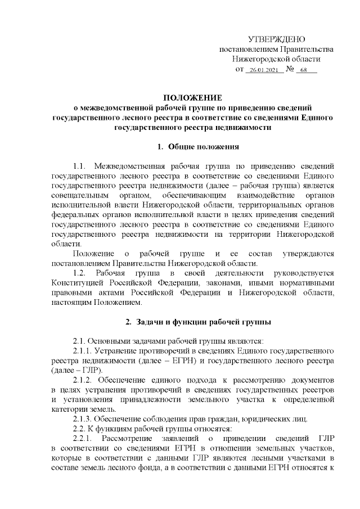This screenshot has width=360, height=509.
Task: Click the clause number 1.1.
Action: point(80,167)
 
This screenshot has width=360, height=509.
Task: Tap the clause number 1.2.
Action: point(80,273)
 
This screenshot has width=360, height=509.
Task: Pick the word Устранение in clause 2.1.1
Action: point(121,352)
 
